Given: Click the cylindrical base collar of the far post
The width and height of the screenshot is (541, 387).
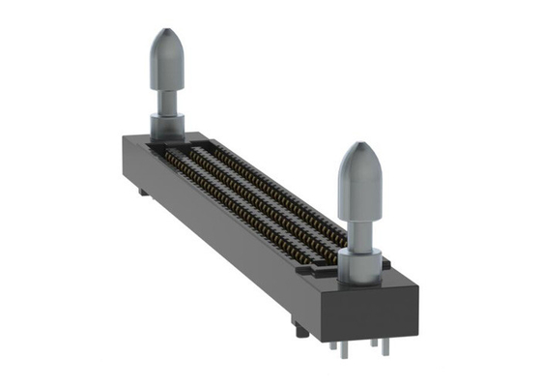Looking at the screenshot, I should pos(167,124).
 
